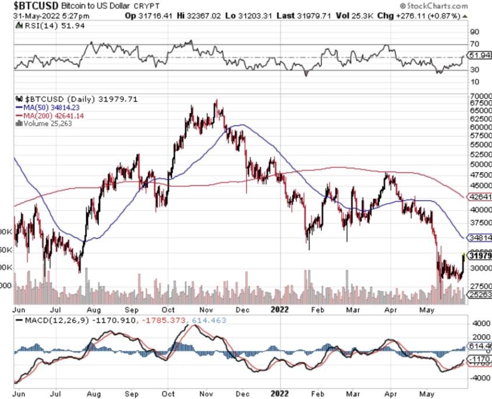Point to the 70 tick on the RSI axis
[x=475, y=44]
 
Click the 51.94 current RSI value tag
[x=479, y=55]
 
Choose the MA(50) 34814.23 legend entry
[x=48, y=107]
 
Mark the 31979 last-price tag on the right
[x=480, y=256]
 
